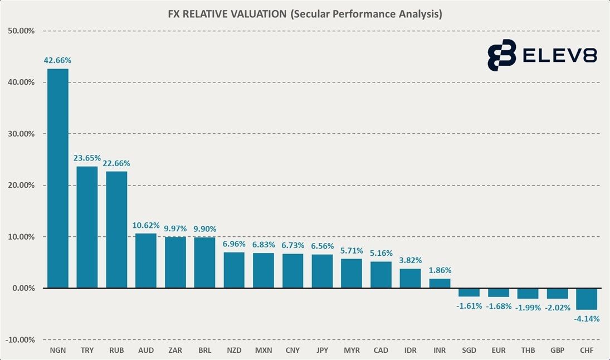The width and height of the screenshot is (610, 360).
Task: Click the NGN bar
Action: [58, 178]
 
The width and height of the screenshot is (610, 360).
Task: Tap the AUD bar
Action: [146, 261]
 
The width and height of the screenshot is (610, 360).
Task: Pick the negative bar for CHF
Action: [587, 299]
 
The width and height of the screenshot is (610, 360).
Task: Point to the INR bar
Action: [440, 283]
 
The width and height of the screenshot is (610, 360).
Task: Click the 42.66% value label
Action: [58, 60]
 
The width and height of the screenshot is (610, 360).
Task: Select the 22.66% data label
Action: [116, 163]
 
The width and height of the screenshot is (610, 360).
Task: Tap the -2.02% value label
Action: [558, 307]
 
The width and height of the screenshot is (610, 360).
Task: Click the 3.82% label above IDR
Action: [410, 260]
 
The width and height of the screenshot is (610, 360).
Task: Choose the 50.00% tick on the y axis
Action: [21, 31]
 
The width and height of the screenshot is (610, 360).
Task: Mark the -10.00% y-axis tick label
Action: [20, 340]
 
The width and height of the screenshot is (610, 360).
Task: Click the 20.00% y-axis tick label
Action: [21, 186]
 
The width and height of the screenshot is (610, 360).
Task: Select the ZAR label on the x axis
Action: [175, 351]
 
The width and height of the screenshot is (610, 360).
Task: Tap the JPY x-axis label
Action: [322, 351]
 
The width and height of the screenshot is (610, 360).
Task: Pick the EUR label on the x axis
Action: [498, 351]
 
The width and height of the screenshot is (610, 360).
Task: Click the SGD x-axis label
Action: [469, 351]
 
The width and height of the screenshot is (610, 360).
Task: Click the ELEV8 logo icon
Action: [501, 55]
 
